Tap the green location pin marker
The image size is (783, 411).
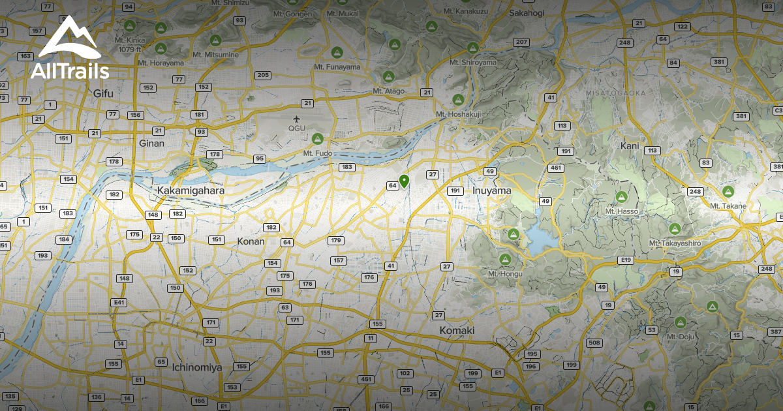click(404, 181)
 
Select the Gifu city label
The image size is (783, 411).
click(103, 93)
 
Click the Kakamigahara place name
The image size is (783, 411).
click(191, 190)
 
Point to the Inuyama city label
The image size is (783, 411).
click(492, 190)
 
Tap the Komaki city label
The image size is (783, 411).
click(457, 331)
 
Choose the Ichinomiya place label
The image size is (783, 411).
click(197, 367)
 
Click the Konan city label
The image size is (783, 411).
click(251, 241)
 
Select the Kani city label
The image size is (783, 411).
click(630, 145)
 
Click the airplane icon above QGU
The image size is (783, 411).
click(297, 119)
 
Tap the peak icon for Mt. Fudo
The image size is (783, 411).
click(318, 138)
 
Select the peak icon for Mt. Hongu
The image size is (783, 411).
click(504, 260)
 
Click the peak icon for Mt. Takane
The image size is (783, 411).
click(728, 192)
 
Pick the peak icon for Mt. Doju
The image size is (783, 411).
click(681, 322)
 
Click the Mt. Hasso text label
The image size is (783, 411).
click(621, 211)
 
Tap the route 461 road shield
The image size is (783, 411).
click(556, 168)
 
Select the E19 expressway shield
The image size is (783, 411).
click(626, 260)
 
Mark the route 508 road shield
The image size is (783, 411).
click(594, 343)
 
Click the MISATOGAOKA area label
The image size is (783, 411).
click(615, 94)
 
